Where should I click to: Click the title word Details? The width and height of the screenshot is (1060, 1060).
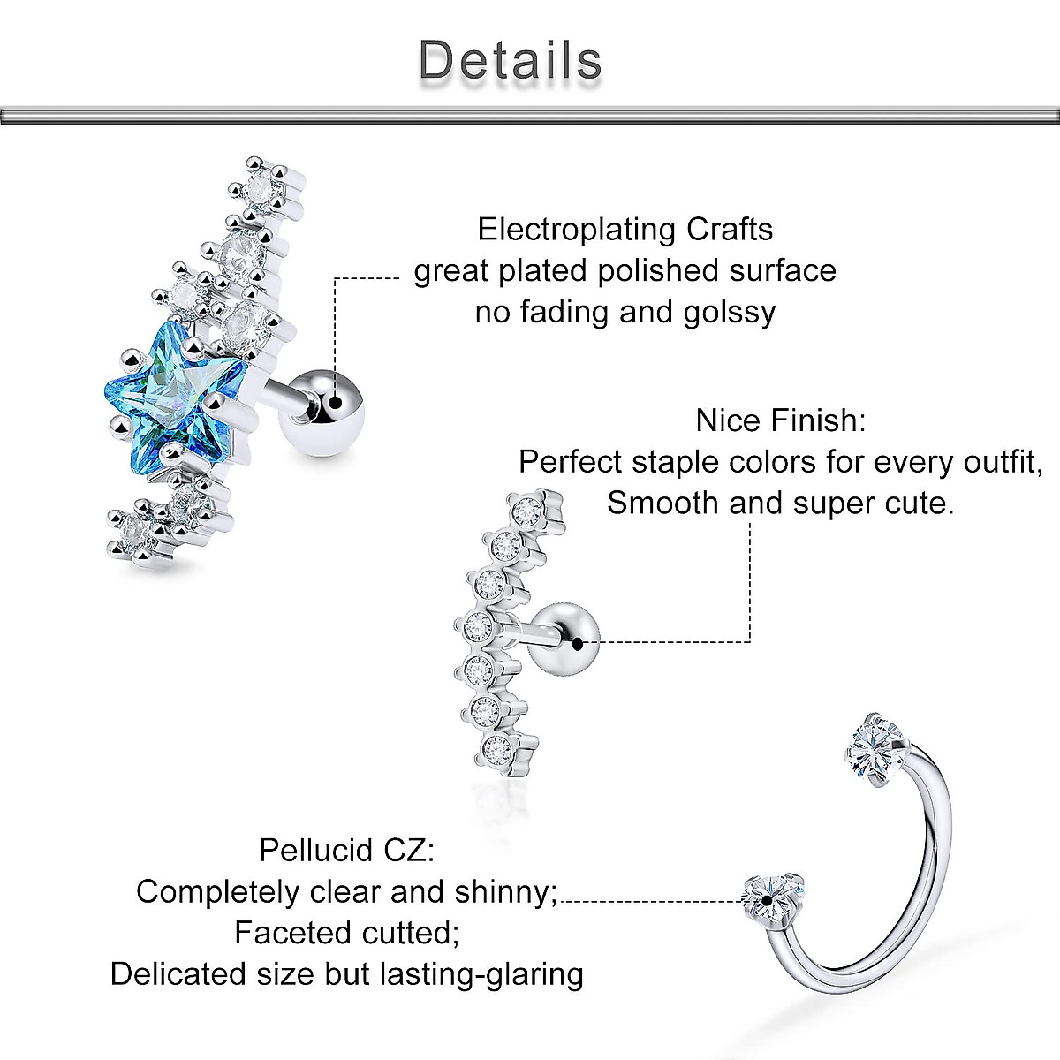tap(511, 60)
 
